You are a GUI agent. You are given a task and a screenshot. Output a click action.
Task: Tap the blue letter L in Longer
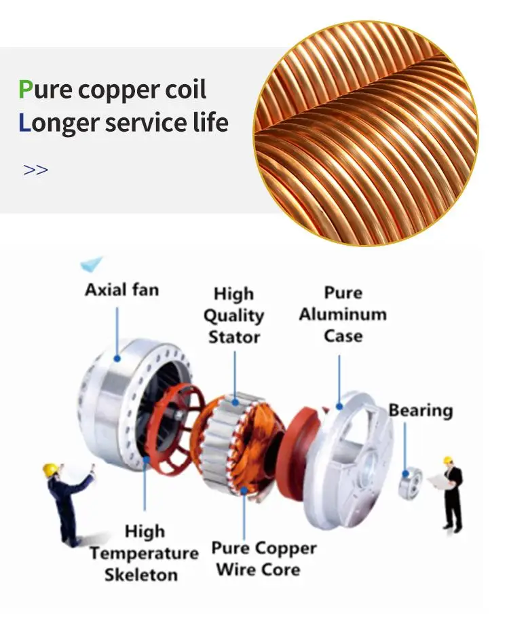25,123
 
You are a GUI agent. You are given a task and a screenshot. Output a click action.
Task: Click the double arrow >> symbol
35,170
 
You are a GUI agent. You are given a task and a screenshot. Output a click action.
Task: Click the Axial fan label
121,290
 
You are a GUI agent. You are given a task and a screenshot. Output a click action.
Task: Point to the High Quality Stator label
233,315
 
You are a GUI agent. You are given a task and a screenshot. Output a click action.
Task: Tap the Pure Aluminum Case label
343,314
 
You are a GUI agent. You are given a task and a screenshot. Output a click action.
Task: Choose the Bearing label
420,411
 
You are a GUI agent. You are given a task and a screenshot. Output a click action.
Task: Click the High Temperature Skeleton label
144,553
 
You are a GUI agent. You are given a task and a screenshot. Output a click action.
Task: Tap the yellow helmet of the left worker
50,469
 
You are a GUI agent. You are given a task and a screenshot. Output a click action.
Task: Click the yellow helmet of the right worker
449,461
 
